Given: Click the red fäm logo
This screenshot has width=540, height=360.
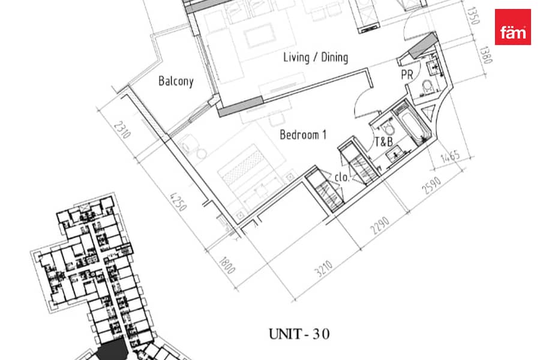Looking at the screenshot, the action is (512, 27).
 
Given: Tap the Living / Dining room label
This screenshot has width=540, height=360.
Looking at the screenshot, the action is (316, 57).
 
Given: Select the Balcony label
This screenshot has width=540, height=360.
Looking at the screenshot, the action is (176, 82).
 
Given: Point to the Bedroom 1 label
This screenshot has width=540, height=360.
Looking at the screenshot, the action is (303, 134).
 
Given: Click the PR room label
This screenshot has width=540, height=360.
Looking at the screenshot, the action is (407, 75).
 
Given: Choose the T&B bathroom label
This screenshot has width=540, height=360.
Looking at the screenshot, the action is (383, 142).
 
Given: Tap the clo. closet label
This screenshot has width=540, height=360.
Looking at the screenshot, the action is (341, 177).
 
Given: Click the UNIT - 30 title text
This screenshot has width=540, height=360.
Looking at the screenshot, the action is (299, 334).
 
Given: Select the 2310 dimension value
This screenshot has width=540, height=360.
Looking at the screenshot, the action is (122, 130).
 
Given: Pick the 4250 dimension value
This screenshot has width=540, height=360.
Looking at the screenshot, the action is (178, 202).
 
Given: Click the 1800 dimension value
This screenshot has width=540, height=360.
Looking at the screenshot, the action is (227, 265).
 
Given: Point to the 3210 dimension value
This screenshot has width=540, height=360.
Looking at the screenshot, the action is (324, 269).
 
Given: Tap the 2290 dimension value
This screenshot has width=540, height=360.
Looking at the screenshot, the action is (380, 226).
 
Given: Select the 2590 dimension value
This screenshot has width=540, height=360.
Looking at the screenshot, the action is (431, 185).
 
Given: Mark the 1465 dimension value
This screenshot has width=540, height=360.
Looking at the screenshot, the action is (450, 157).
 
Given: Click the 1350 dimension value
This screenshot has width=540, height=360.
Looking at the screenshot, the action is (473, 16).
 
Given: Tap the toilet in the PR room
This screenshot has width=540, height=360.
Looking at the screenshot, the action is (427, 86).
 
